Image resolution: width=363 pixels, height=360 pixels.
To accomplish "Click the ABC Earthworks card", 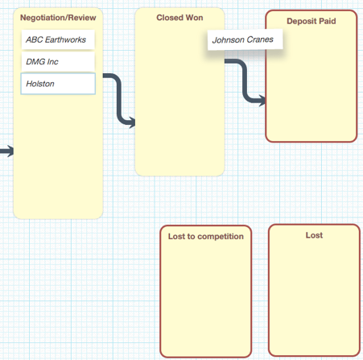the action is (x=58, y=39).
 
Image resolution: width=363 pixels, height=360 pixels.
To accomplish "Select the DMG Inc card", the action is (x=58, y=61).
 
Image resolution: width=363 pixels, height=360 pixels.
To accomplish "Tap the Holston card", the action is (x=58, y=84).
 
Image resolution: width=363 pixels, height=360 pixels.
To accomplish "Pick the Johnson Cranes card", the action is (x=245, y=39).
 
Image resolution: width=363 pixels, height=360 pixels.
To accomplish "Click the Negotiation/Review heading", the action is (x=58, y=18).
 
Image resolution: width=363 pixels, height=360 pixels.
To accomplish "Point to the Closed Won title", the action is (x=179, y=18).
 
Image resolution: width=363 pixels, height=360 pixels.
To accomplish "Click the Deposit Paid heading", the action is (x=311, y=21).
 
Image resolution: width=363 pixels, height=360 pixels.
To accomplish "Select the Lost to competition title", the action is (x=206, y=237).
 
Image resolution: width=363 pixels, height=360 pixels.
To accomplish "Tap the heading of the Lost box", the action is (x=314, y=235).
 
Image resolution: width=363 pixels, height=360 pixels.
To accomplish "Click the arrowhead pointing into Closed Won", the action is (x=132, y=122).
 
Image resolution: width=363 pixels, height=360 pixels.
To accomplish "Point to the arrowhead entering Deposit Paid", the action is (x=262, y=101).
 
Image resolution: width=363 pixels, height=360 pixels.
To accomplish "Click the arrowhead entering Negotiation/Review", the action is (x=10, y=151).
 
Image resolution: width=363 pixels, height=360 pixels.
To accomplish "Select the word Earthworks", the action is (x=65, y=39).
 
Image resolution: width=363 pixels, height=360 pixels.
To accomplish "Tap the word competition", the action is (x=221, y=237).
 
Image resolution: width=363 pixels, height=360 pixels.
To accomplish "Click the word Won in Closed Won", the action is (x=194, y=18).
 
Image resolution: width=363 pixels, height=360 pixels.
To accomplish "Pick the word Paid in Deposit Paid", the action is (x=328, y=21).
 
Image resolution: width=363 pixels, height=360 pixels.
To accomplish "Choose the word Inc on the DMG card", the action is (x=52, y=62).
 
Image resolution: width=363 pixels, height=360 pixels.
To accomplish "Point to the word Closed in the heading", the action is (x=170, y=18).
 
